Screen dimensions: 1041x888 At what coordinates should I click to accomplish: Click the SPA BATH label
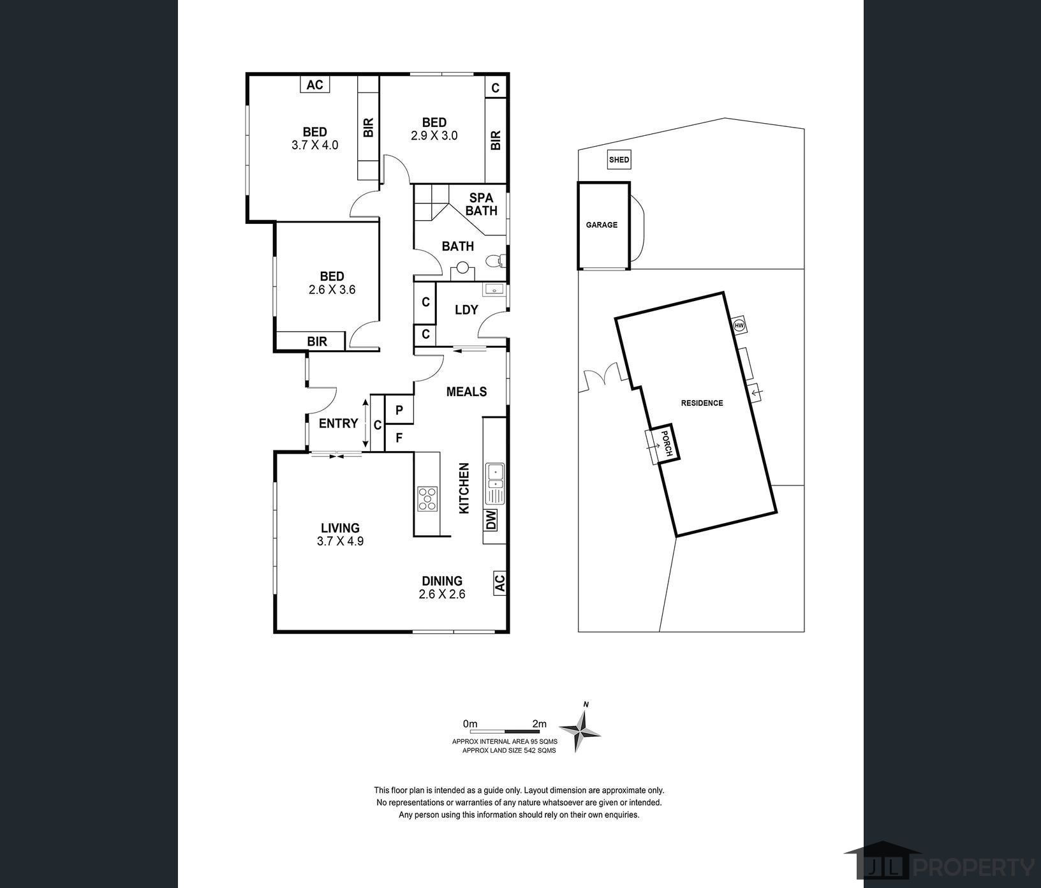click(x=481, y=204)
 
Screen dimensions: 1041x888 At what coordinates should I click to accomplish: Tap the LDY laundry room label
click(x=466, y=309)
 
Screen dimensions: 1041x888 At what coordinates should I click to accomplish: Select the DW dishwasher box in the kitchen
click(x=491, y=520)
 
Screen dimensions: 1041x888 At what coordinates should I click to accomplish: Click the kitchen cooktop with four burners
click(x=427, y=499)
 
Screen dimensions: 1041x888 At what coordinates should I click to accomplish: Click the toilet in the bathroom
click(x=496, y=260)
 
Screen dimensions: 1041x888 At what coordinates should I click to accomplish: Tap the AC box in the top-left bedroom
click(x=315, y=84)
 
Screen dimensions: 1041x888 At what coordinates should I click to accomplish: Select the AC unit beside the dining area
click(x=499, y=582)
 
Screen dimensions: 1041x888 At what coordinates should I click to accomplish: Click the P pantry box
click(x=399, y=410)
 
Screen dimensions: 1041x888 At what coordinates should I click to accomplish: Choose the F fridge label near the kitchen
click(x=399, y=438)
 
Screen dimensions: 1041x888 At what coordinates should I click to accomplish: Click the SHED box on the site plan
click(x=619, y=160)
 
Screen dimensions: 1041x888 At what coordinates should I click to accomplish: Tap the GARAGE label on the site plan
click(x=602, y=225)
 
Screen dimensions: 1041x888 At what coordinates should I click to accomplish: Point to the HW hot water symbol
click(x=740, y=325)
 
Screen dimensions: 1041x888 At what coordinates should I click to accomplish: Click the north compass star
click(x=580, y=729)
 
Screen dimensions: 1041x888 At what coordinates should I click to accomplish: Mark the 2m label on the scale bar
click(x=540, y=723)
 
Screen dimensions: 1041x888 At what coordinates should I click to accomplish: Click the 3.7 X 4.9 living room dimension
click(x=340, y=541)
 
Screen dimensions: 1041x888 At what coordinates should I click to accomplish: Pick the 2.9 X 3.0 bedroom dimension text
click(x=434, y=135)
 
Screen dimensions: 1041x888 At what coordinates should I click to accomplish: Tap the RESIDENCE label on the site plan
click(x=702, y=403)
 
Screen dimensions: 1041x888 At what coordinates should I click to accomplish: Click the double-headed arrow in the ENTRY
click(x=365, y=424)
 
